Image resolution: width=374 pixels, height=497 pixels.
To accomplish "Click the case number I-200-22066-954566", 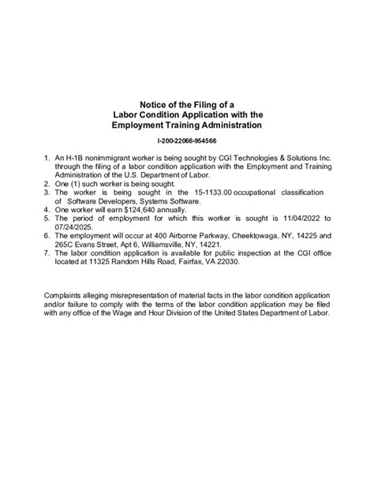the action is click(187, 140).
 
